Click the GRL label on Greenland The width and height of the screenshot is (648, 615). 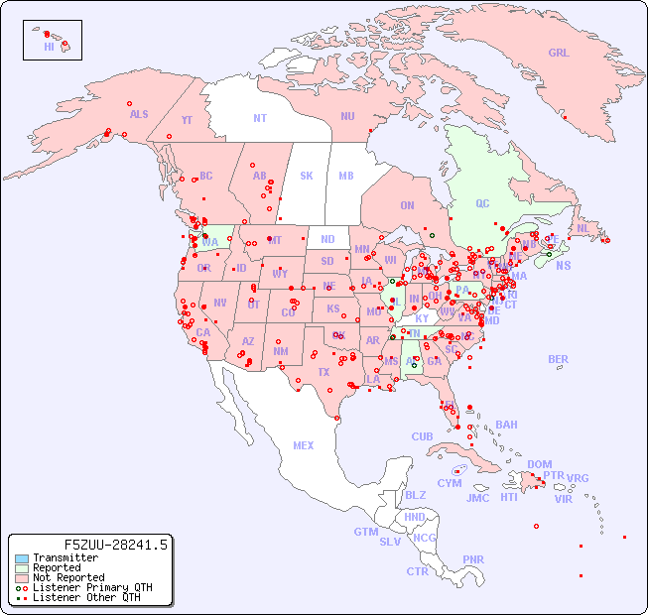click(559, 54)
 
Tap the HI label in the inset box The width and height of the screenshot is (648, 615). click(49, 47)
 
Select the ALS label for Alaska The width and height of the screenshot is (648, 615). click(139, 114)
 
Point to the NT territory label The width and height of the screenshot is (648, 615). click(259, 118)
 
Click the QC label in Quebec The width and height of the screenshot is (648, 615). click(482, 204)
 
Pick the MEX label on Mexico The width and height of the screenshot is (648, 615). click(304, 445)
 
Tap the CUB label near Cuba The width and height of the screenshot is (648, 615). click(422, 436)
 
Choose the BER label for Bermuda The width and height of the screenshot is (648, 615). click(558, 359)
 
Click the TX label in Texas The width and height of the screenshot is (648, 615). click(323, 373)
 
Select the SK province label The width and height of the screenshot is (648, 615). click(307, 176)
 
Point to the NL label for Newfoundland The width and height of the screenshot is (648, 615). click(583, 227)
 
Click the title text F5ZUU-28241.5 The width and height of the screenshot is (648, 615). click(116, 545)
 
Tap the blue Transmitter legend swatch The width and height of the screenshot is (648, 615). click(22, 558)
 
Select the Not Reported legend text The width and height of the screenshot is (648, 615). click(68, 577)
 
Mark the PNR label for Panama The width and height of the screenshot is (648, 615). click(473, 559)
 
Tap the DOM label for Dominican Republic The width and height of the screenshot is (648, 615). click(539, 464)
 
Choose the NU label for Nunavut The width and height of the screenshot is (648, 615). click(347, 116)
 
